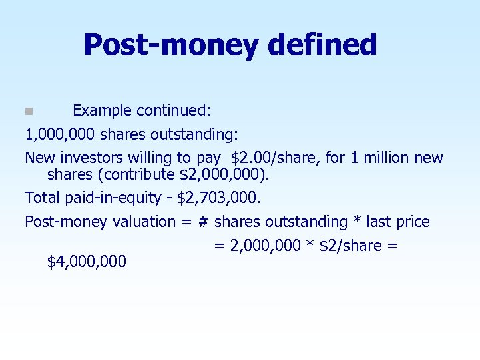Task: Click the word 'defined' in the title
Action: click(x=322, y=45)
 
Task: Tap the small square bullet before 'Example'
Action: click(x=29, y=110)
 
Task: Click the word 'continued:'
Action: click(x=176, y=110)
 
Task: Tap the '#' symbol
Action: click(x=204, y=222)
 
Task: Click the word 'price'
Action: click(x=414, y=222)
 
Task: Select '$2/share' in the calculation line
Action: click(x=351, y=246)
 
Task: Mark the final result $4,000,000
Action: click(x=87, y=262)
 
